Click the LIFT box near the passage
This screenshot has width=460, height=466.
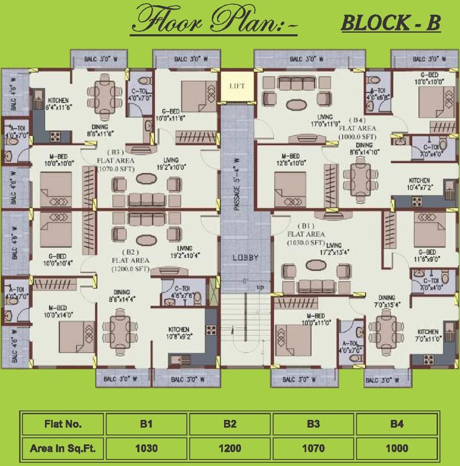[237, 86]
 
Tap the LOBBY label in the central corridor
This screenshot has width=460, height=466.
[245, 257]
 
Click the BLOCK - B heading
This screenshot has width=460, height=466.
[390, 24]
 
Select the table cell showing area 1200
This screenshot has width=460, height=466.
[229, 450]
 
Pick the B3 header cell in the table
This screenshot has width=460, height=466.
[313, 424]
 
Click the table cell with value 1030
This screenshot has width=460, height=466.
[146, 450]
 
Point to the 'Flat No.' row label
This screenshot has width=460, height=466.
[63, 424]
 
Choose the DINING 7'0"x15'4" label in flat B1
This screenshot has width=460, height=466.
[386, 302]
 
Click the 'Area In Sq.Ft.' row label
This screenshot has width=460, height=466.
[63, 450]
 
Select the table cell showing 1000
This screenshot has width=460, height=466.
[396, 450]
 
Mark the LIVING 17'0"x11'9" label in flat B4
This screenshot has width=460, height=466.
[327, 121]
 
